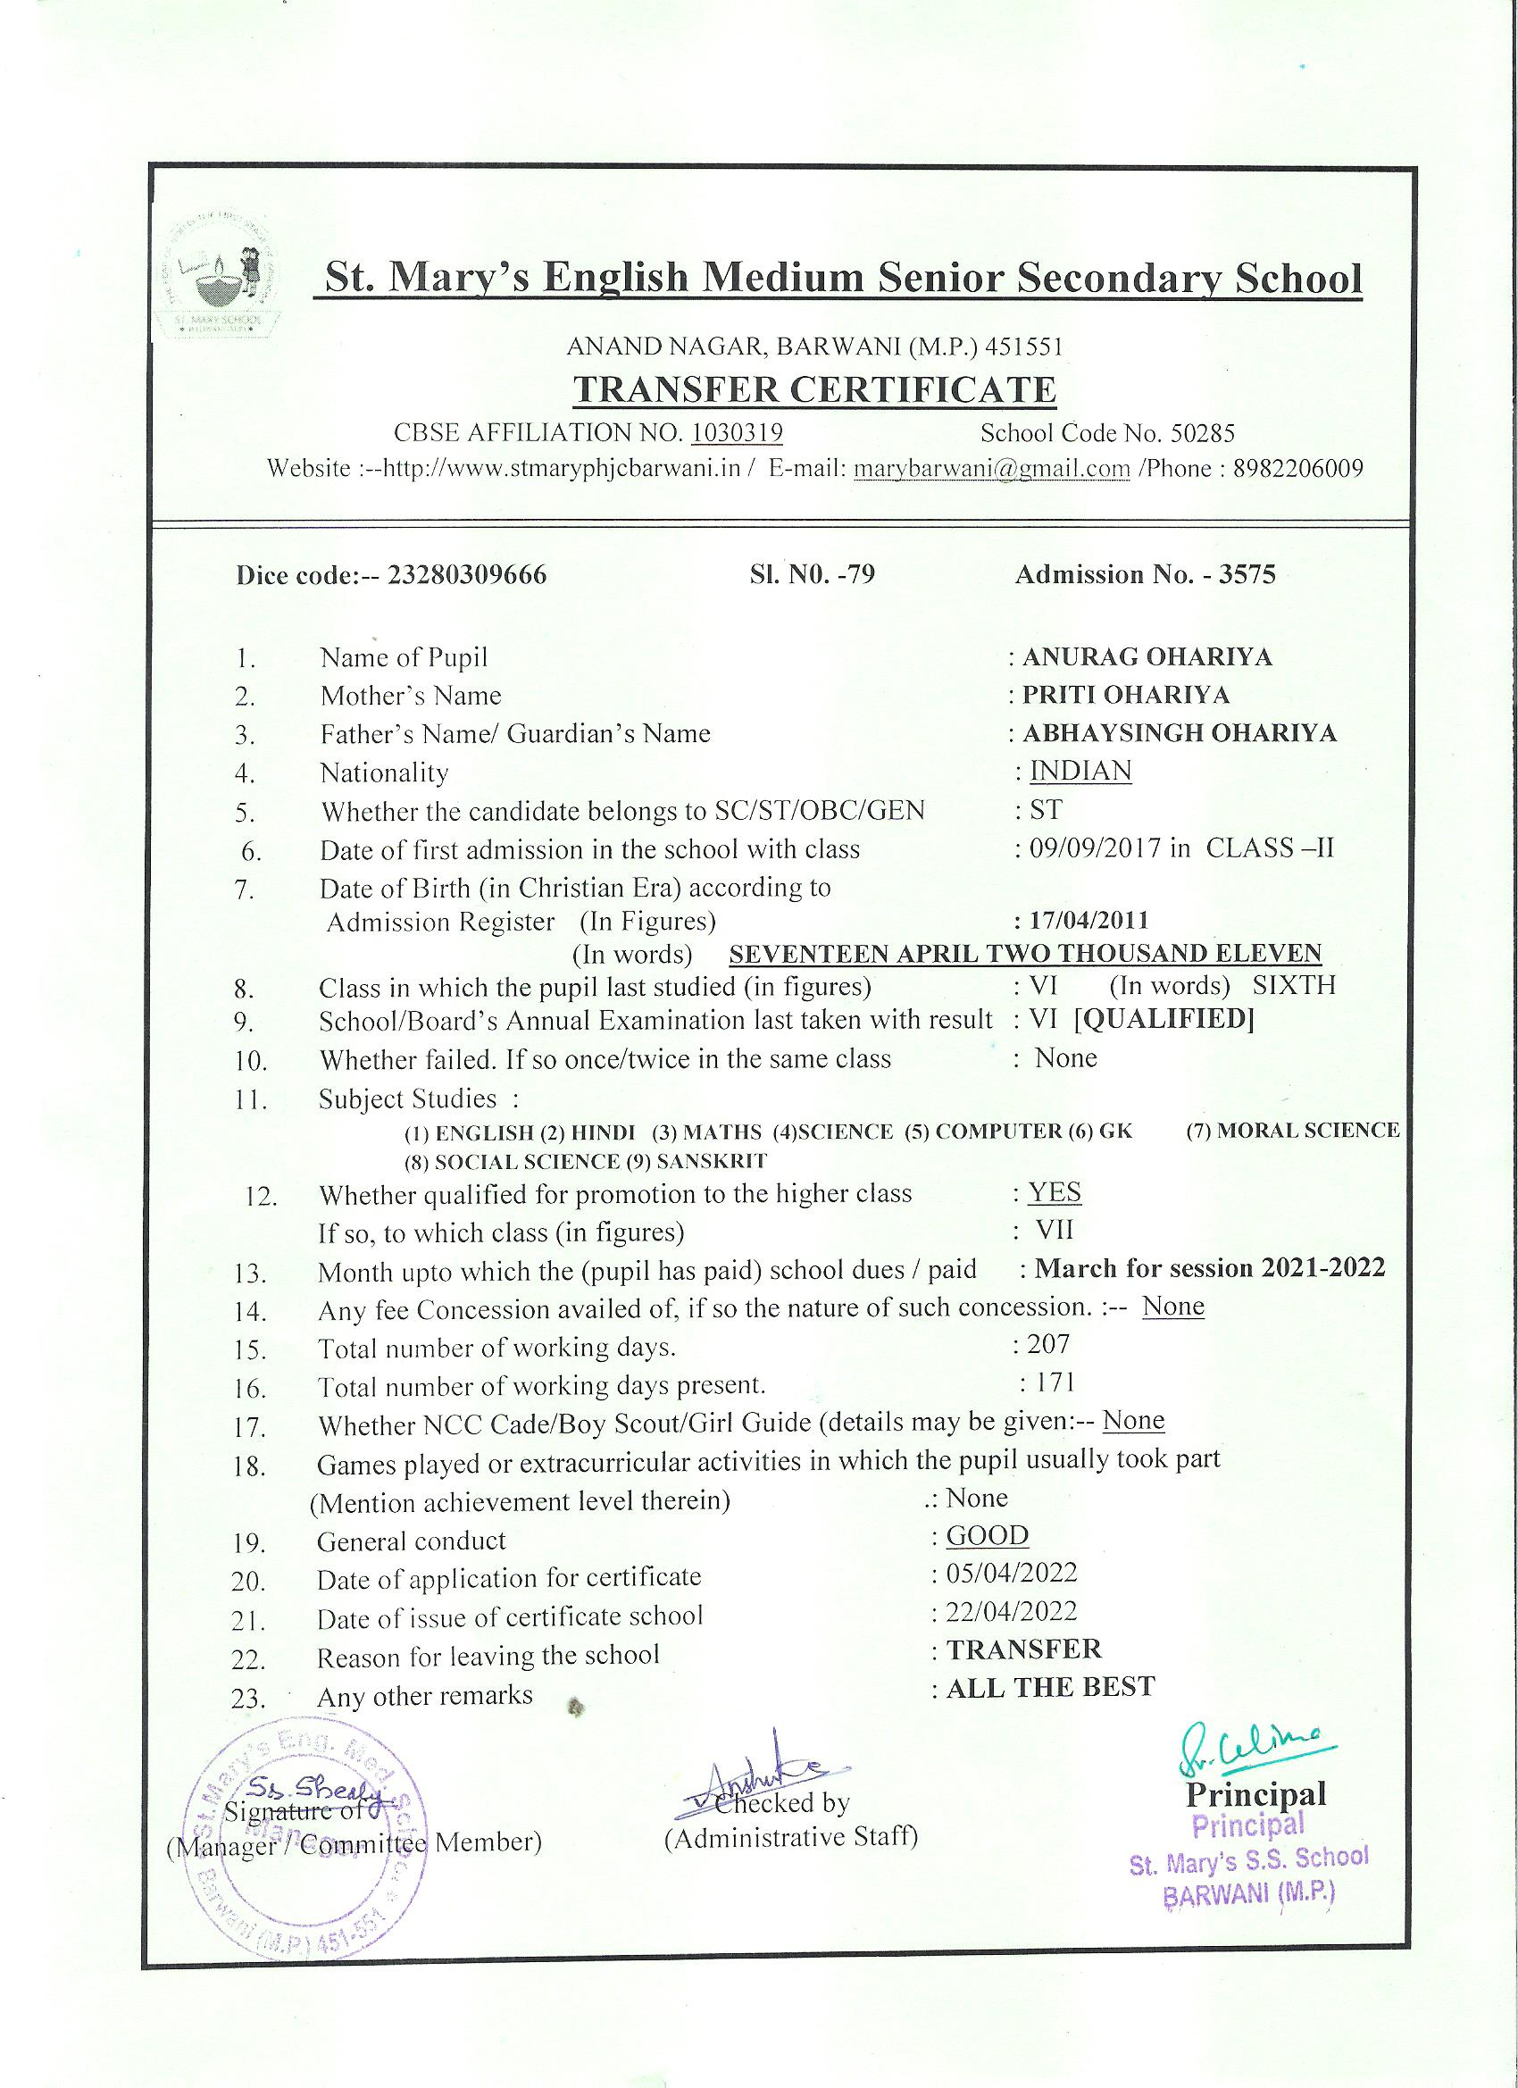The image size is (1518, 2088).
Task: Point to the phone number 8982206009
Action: pyautogui.click(x=1298, y=469)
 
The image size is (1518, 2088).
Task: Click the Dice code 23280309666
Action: pyautogui.click(x=467, y=575)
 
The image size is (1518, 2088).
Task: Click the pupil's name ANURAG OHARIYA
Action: pyautogui.click(x=1147, y=656)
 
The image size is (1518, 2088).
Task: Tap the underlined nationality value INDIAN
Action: pyautogui.click(x=1080, y=771)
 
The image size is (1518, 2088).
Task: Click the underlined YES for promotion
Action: pyautogui.click(x=1054, y=1193)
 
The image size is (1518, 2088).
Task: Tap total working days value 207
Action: pyautogui.click(x=1048, y=1345)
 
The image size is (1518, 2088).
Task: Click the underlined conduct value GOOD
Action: pyautogui.click(x=987, y=1535)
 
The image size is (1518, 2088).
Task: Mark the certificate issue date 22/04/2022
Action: pyautogui.click(x=1012, y=1612)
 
